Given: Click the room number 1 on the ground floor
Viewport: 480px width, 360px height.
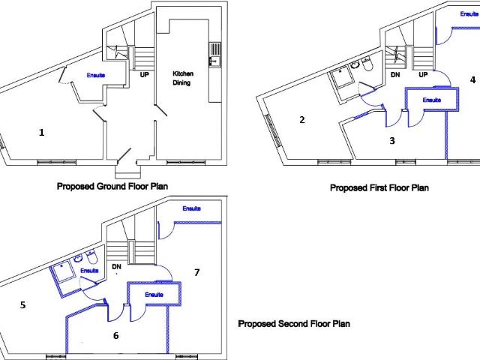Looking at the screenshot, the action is click(x=42, y=133).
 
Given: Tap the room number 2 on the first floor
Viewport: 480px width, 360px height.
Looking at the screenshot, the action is click(x=302, y=120).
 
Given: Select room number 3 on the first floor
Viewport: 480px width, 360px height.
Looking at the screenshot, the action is click(x=392, y=141).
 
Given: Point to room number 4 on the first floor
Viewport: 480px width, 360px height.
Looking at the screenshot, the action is click(x=473, y=80).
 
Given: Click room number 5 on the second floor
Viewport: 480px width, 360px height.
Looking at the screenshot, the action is click(x=23, y=305).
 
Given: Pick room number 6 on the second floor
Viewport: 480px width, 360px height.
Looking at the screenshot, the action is click(x=116, y=335).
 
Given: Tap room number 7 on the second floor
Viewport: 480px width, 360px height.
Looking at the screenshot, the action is click(x=196, y=272).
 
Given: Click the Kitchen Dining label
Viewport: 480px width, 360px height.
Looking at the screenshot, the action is click(x=183, y=78).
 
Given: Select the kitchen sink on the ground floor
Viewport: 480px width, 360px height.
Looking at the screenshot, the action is click(x=214, y=61).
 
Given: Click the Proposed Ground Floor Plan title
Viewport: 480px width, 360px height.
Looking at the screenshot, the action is click(x=112, y=186).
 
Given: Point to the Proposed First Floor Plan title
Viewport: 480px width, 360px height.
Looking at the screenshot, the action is click(x=379, y=187).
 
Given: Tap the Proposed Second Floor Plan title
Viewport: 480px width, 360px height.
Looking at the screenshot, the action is click(x=294, y=323).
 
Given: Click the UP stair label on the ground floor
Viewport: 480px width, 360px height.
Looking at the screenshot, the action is click(x=145, y=74).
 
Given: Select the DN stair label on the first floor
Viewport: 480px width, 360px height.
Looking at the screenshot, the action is click(x=395, y=74).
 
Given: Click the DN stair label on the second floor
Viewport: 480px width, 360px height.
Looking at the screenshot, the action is click(x=116, y=267).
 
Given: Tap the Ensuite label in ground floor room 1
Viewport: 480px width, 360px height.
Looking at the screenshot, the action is click(x=96, y=75).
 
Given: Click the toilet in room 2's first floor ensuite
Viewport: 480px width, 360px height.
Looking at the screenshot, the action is click(x=367, y=64).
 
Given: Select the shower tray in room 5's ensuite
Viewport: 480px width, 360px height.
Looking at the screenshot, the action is click(x=63, y=271).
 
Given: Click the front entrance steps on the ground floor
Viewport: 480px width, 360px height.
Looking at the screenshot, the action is click(x=128, y=172).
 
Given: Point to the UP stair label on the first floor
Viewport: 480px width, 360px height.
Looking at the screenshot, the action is click(x=423, y=74).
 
